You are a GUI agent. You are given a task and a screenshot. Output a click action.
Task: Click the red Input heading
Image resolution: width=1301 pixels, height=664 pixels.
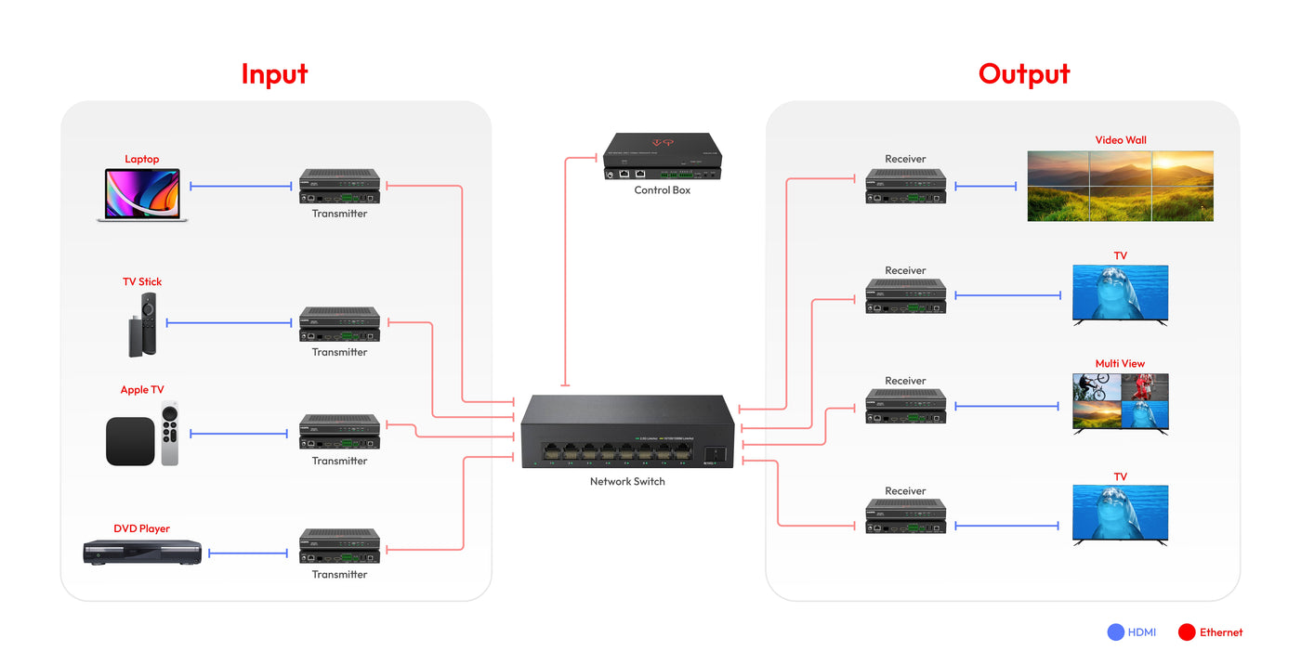pyautogui.click(x=274, y=74)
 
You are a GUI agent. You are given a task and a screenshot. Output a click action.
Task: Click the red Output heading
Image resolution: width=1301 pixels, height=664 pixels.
pyautogui.click(x=1024, y=74)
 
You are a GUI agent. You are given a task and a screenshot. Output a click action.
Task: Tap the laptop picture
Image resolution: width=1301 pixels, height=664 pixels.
pyautogui.click(x=142, y=195)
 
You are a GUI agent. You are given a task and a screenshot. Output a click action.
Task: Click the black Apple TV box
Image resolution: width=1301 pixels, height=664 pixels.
pyautogui.click(x=129, y=441)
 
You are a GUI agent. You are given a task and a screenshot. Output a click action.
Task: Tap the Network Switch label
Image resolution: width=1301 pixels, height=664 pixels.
pyautogui.click(x=627, y=481)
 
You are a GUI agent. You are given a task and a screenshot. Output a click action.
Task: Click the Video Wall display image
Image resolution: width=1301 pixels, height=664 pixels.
pyautogui.click(x=1120, y=186)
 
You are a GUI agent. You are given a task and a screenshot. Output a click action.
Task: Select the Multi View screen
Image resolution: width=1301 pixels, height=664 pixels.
pyautogui.click(x=1120, y=402)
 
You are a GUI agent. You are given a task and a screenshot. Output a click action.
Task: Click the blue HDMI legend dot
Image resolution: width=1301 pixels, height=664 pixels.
pyautogui.click(x=1116, y=632)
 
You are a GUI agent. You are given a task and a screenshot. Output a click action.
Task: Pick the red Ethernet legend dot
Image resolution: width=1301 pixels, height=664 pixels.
pyautogui.click(x=1186, y=632)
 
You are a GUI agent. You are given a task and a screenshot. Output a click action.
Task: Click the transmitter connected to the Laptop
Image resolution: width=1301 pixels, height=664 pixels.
pyautogui.click(x=339, y=186)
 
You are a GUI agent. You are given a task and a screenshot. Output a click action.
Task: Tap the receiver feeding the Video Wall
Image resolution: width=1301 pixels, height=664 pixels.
pyautogui.click(x=905, y=186)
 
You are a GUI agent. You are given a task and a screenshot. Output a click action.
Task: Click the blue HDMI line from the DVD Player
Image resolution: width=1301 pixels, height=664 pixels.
pyautogui.click(x=248, y=553)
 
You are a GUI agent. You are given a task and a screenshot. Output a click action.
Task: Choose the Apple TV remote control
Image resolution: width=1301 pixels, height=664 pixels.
pyautogui.click(x=169, y=435)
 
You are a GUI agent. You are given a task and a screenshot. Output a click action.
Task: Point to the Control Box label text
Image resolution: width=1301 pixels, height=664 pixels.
pyautogui.click(x=662, y=190)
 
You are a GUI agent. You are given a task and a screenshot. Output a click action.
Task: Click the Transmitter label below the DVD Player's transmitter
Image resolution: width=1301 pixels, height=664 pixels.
pyautogui.click(x=339, y=575)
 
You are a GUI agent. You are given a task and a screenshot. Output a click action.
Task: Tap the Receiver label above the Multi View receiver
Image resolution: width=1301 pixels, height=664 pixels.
pyautogui.click(x=905, y=381)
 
